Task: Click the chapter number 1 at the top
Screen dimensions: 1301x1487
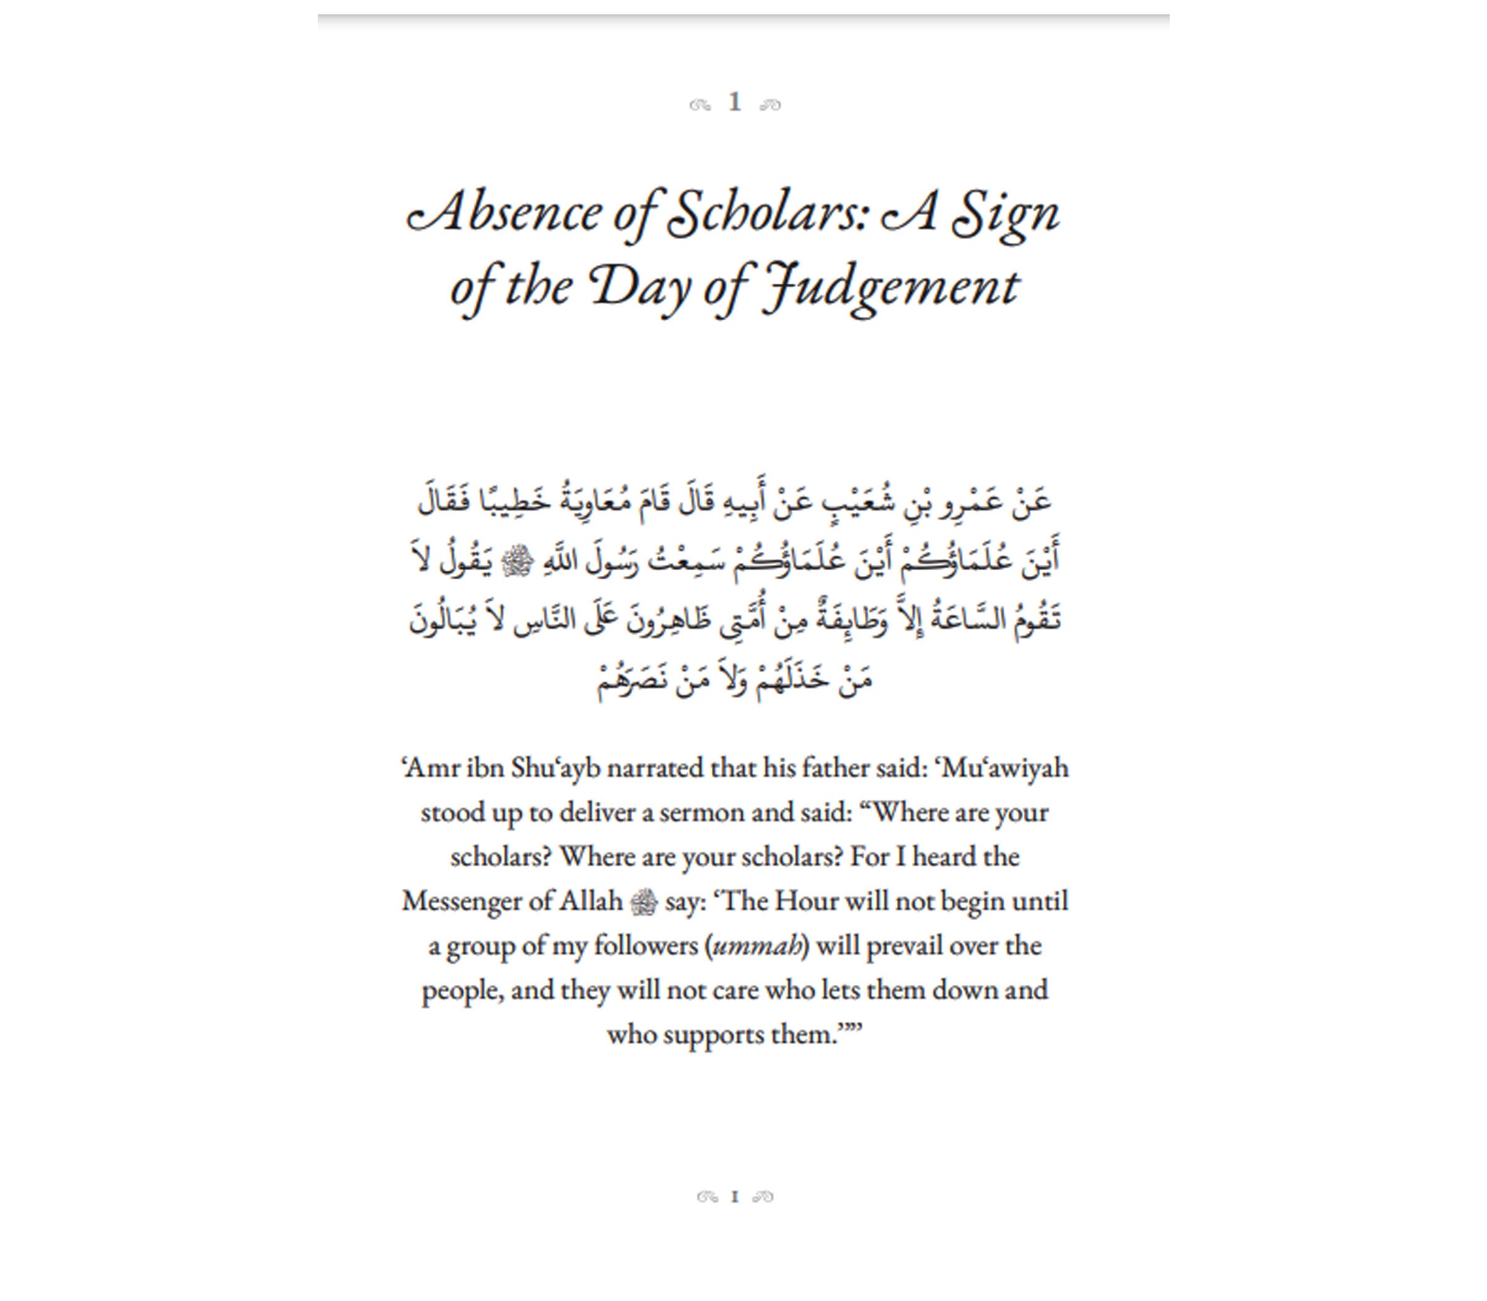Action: (735, 102)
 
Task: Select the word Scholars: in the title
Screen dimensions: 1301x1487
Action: (768, 214)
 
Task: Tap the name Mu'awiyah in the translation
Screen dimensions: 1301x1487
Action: (1005, 768)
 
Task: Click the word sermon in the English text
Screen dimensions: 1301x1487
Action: (701, 812)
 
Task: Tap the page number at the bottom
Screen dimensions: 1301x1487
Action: (735, 1197)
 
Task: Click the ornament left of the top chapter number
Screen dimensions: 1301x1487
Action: (700, 105)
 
